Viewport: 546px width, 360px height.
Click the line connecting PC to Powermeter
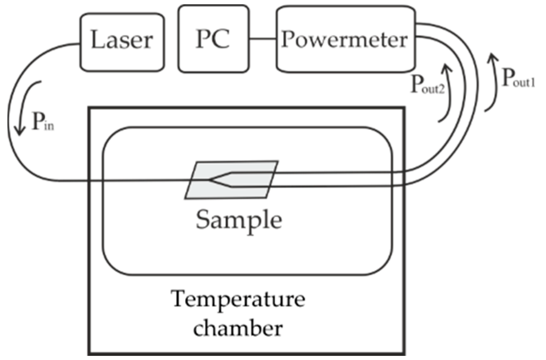(262, 40)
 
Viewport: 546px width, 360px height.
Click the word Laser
(122, 41)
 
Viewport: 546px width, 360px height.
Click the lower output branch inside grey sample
(249, 187)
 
